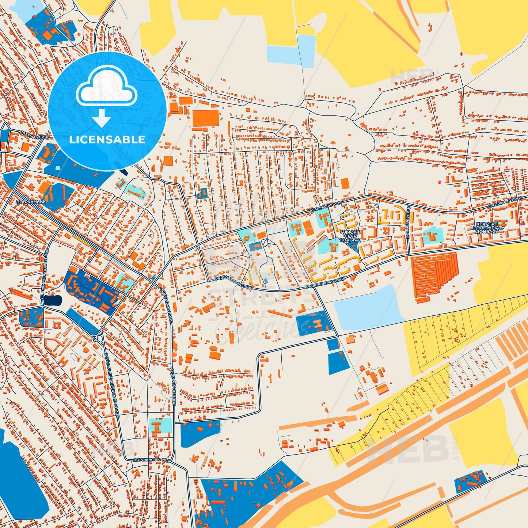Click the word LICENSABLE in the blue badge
tap(107, 140)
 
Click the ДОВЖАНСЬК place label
tap(31, 201)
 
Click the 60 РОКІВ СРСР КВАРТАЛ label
tap(350, 236)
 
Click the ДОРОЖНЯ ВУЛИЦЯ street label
tap(152, 460)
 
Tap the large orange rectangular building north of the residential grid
tap(206, 118)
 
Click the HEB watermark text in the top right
tap(407, 77)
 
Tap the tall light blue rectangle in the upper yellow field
tap(306, 51)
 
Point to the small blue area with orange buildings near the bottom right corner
tap(471, 481)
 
